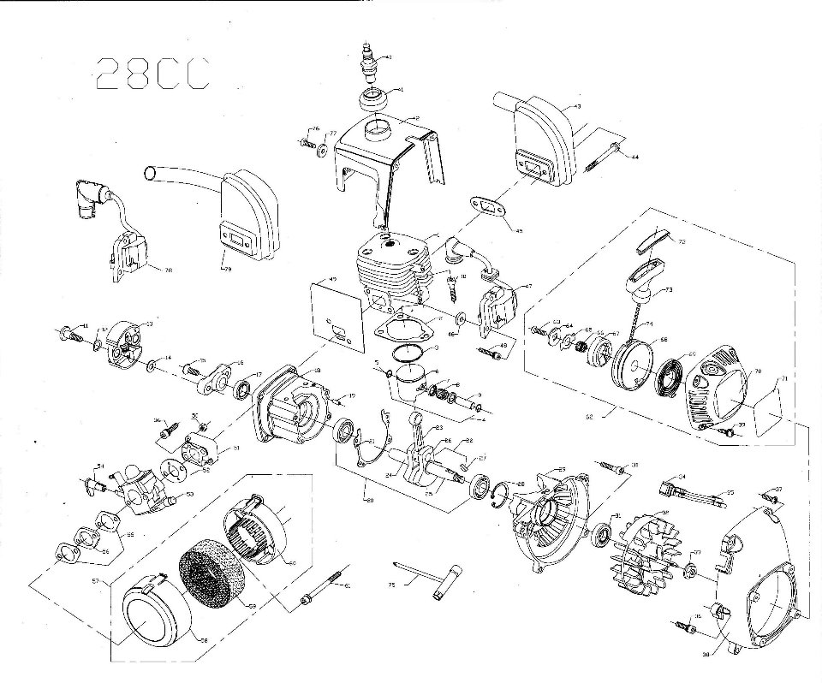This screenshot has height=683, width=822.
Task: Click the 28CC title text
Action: click(x=151, y=74)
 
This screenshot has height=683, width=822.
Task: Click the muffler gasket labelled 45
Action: click(x=484, y=207)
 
